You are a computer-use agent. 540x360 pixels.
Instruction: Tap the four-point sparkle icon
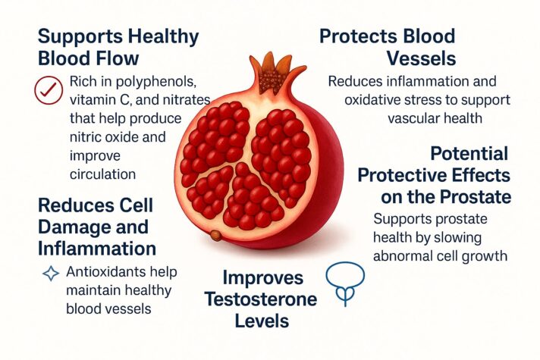[x=50, y=274]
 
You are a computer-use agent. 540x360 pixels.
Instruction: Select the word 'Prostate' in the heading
[x=475, y=198]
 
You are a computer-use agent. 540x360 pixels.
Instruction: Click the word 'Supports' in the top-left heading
[x=80, y=36]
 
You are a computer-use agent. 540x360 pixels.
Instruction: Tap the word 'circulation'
[x=100, y=174]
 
